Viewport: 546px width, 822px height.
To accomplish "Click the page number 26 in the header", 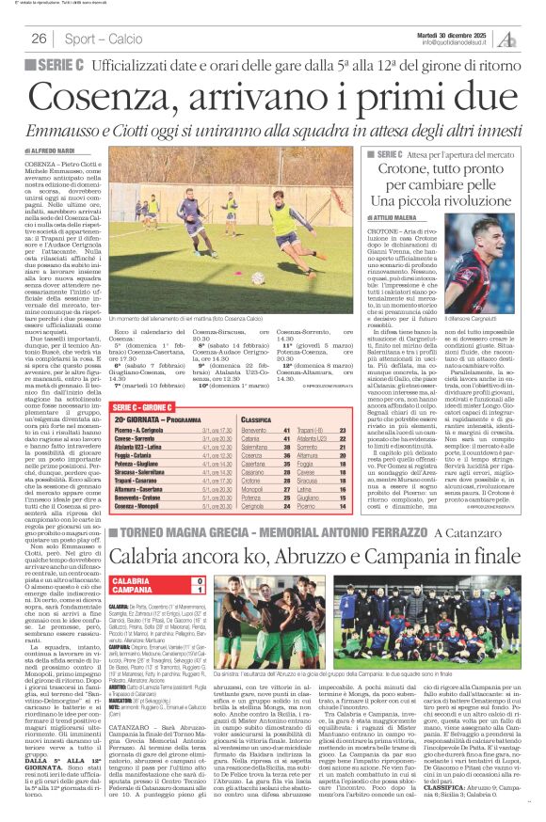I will click(40, 39).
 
